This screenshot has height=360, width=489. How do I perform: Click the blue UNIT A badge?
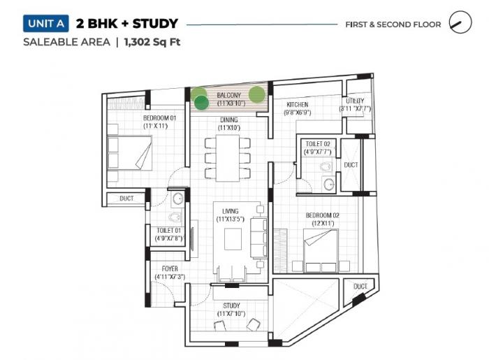pyautogui.click(x=45, y=24)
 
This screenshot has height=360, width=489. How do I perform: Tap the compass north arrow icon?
pyautogui.click(x=458, y=23)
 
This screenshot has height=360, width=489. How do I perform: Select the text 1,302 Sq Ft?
pyautogui.click(x=152, y=42)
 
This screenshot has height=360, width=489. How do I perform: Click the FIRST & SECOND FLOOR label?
pyautogui.click(x=393, y=24)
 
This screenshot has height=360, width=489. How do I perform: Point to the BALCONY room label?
pyautogui.click(x=228, y=95)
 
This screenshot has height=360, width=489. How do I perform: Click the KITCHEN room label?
pyautogui.click(x=297, y=105)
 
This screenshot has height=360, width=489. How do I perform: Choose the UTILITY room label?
pyautogui.click(x=354, y=101)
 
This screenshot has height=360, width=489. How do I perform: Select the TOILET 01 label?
pyautogui.click(x=168, y=230)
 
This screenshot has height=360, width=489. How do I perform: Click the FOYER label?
pyautogui.click(x=170, y=268)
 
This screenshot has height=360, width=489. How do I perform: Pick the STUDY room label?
pyautogui.click(x=231, y=305)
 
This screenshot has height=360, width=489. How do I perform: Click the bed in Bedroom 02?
pyautogui.click(x=320, y=247)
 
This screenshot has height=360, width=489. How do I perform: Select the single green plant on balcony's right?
pyautogui.click(x=256, y=94)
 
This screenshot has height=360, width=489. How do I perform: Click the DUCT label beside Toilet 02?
pyautogui.click(x=350, y=165)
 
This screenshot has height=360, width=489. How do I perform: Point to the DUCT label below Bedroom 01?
pyautogui.click(x=126, y=199)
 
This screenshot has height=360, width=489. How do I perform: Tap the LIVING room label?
pyautogui.click(x=231, y=210)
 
